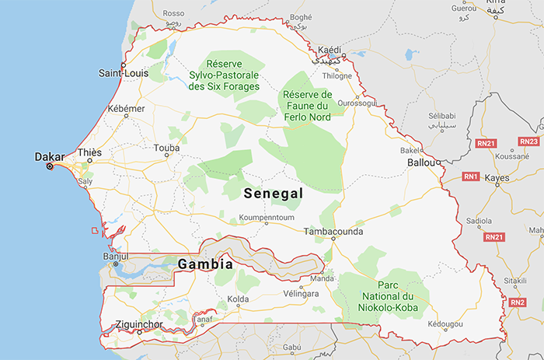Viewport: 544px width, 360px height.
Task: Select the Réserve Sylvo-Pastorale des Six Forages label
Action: [224, 75]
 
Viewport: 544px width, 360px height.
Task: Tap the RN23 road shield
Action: [529, 142]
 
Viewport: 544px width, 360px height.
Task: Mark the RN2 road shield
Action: [518, 302]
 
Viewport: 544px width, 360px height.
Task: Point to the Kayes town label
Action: [497, 178]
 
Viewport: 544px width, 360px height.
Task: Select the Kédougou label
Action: [445, 323]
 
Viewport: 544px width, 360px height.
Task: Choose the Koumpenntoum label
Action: [266, 218]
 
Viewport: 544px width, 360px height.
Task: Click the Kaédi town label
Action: [329, 50]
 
